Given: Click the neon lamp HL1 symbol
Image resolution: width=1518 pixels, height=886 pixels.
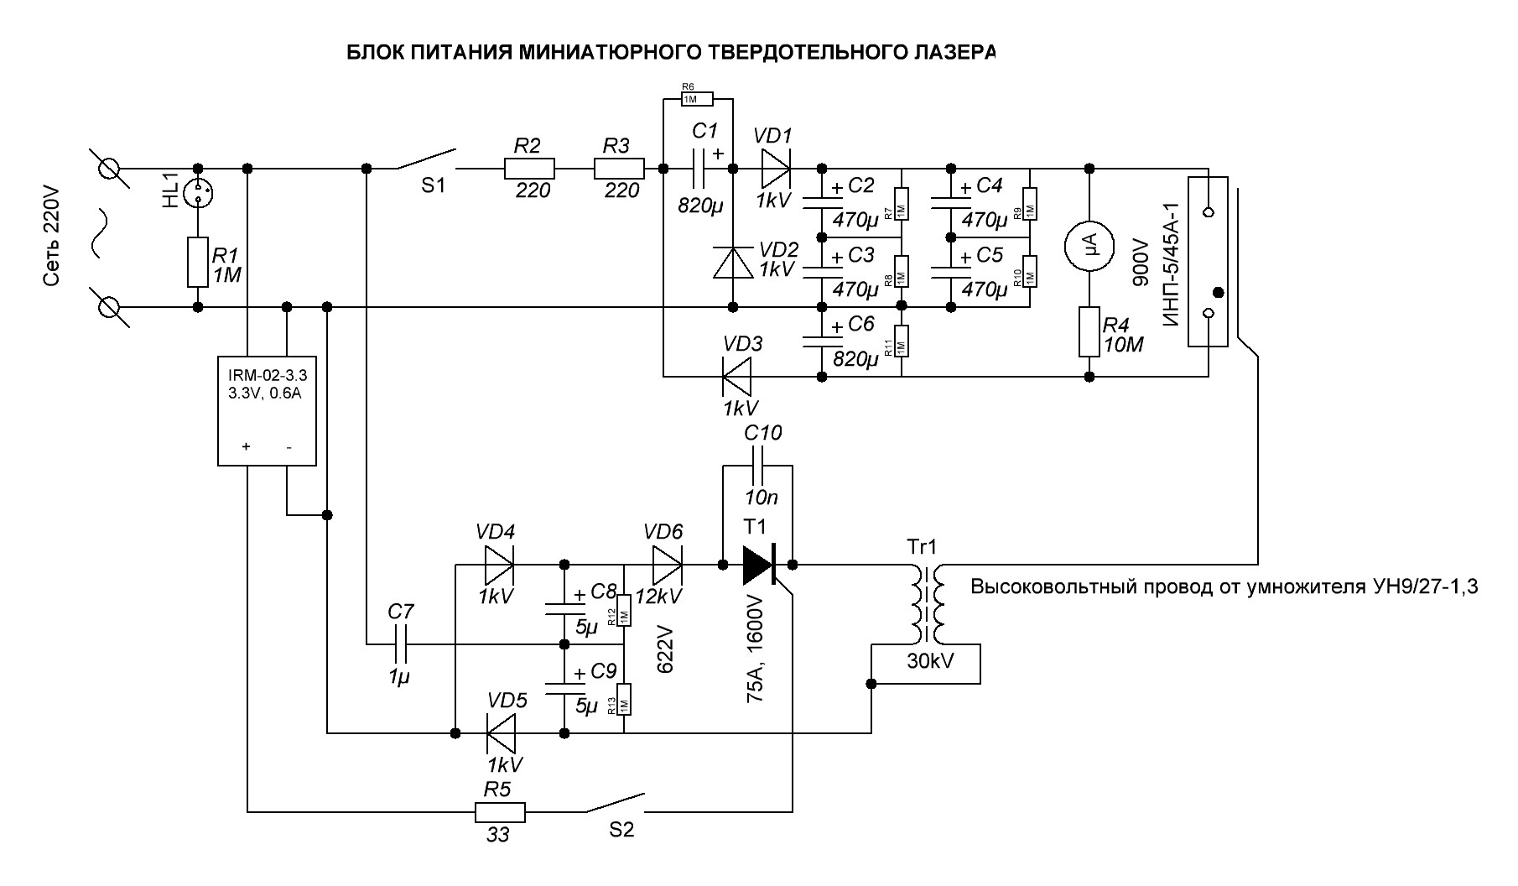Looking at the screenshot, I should [x=199, y=195].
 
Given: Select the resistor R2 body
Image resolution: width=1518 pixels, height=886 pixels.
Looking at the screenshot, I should [x=529, y=169].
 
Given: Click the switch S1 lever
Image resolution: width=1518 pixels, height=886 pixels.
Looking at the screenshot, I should [x=427, y=159].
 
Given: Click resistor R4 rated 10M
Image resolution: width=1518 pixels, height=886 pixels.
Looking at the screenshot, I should [x=1089, y=332].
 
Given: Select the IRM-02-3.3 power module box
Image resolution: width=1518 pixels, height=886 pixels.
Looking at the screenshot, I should [x=268, y=409].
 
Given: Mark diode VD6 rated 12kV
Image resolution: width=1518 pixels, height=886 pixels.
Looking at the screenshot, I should [x=666, y=565].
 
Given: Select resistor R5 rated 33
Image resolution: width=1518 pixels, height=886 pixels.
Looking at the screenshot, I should [x=500, y=812].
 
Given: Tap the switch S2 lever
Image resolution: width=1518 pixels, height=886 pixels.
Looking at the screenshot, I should [x=615, y=802].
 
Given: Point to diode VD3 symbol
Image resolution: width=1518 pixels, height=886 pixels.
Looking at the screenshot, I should [x=737, y=378].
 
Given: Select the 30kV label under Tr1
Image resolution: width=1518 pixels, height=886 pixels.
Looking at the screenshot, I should [x=925, y=661].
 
